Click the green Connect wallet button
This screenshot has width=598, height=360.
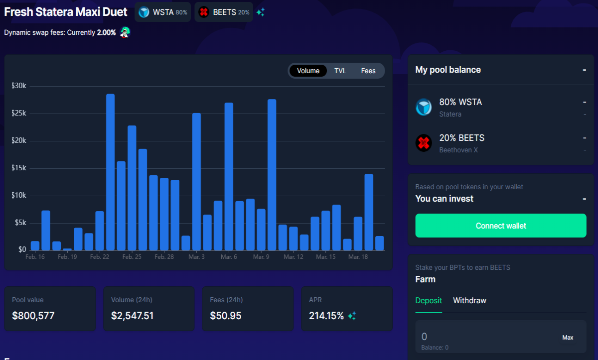coord(501,226)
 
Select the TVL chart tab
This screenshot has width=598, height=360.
coord(340,71)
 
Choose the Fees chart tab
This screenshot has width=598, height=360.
coord(368,71)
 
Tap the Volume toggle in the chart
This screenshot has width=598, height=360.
coord(308,71)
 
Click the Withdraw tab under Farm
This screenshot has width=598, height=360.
coord(469,301)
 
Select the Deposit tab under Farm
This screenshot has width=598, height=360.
coord(429,301)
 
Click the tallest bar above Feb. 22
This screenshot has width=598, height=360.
coord(110,172)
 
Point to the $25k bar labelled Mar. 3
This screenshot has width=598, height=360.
coord(196,182)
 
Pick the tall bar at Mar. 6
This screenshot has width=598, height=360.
coord(229,177)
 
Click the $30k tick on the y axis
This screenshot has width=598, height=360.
coord(19,86)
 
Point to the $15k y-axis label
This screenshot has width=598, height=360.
coord(19,168)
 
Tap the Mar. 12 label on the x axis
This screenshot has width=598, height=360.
coord(294,257)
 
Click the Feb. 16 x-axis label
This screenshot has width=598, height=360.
coord(35,257)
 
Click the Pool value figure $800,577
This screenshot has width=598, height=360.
coord(33,316)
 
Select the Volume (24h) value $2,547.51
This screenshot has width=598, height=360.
coord(132,316)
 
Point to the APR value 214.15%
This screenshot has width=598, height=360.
coord(326,316)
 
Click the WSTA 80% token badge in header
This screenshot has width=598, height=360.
coord(163,12)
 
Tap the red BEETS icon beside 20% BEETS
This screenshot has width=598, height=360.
coord(424,143)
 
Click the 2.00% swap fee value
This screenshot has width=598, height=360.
coord(106,32)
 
